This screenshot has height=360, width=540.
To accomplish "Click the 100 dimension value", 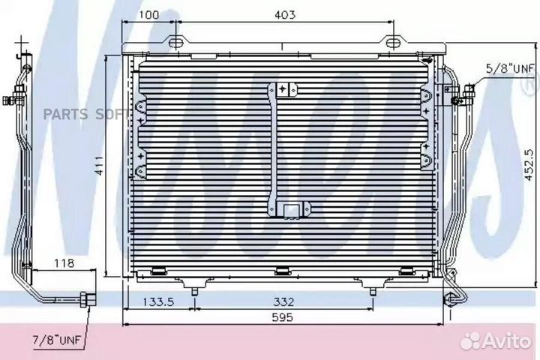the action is [150, 15].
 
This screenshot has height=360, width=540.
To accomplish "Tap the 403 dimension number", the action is [285, 15].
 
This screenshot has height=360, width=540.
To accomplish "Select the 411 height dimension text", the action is [100, 166].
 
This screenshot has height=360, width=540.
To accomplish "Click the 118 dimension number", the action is [64, 263].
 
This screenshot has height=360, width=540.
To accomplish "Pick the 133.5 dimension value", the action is [158, 302].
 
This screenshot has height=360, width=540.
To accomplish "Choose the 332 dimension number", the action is [283, 302].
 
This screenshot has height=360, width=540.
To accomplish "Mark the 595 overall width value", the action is [283, 317].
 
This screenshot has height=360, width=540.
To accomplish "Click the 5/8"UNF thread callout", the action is [511, 68].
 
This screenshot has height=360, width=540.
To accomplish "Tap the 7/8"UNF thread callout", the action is [57, 340].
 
